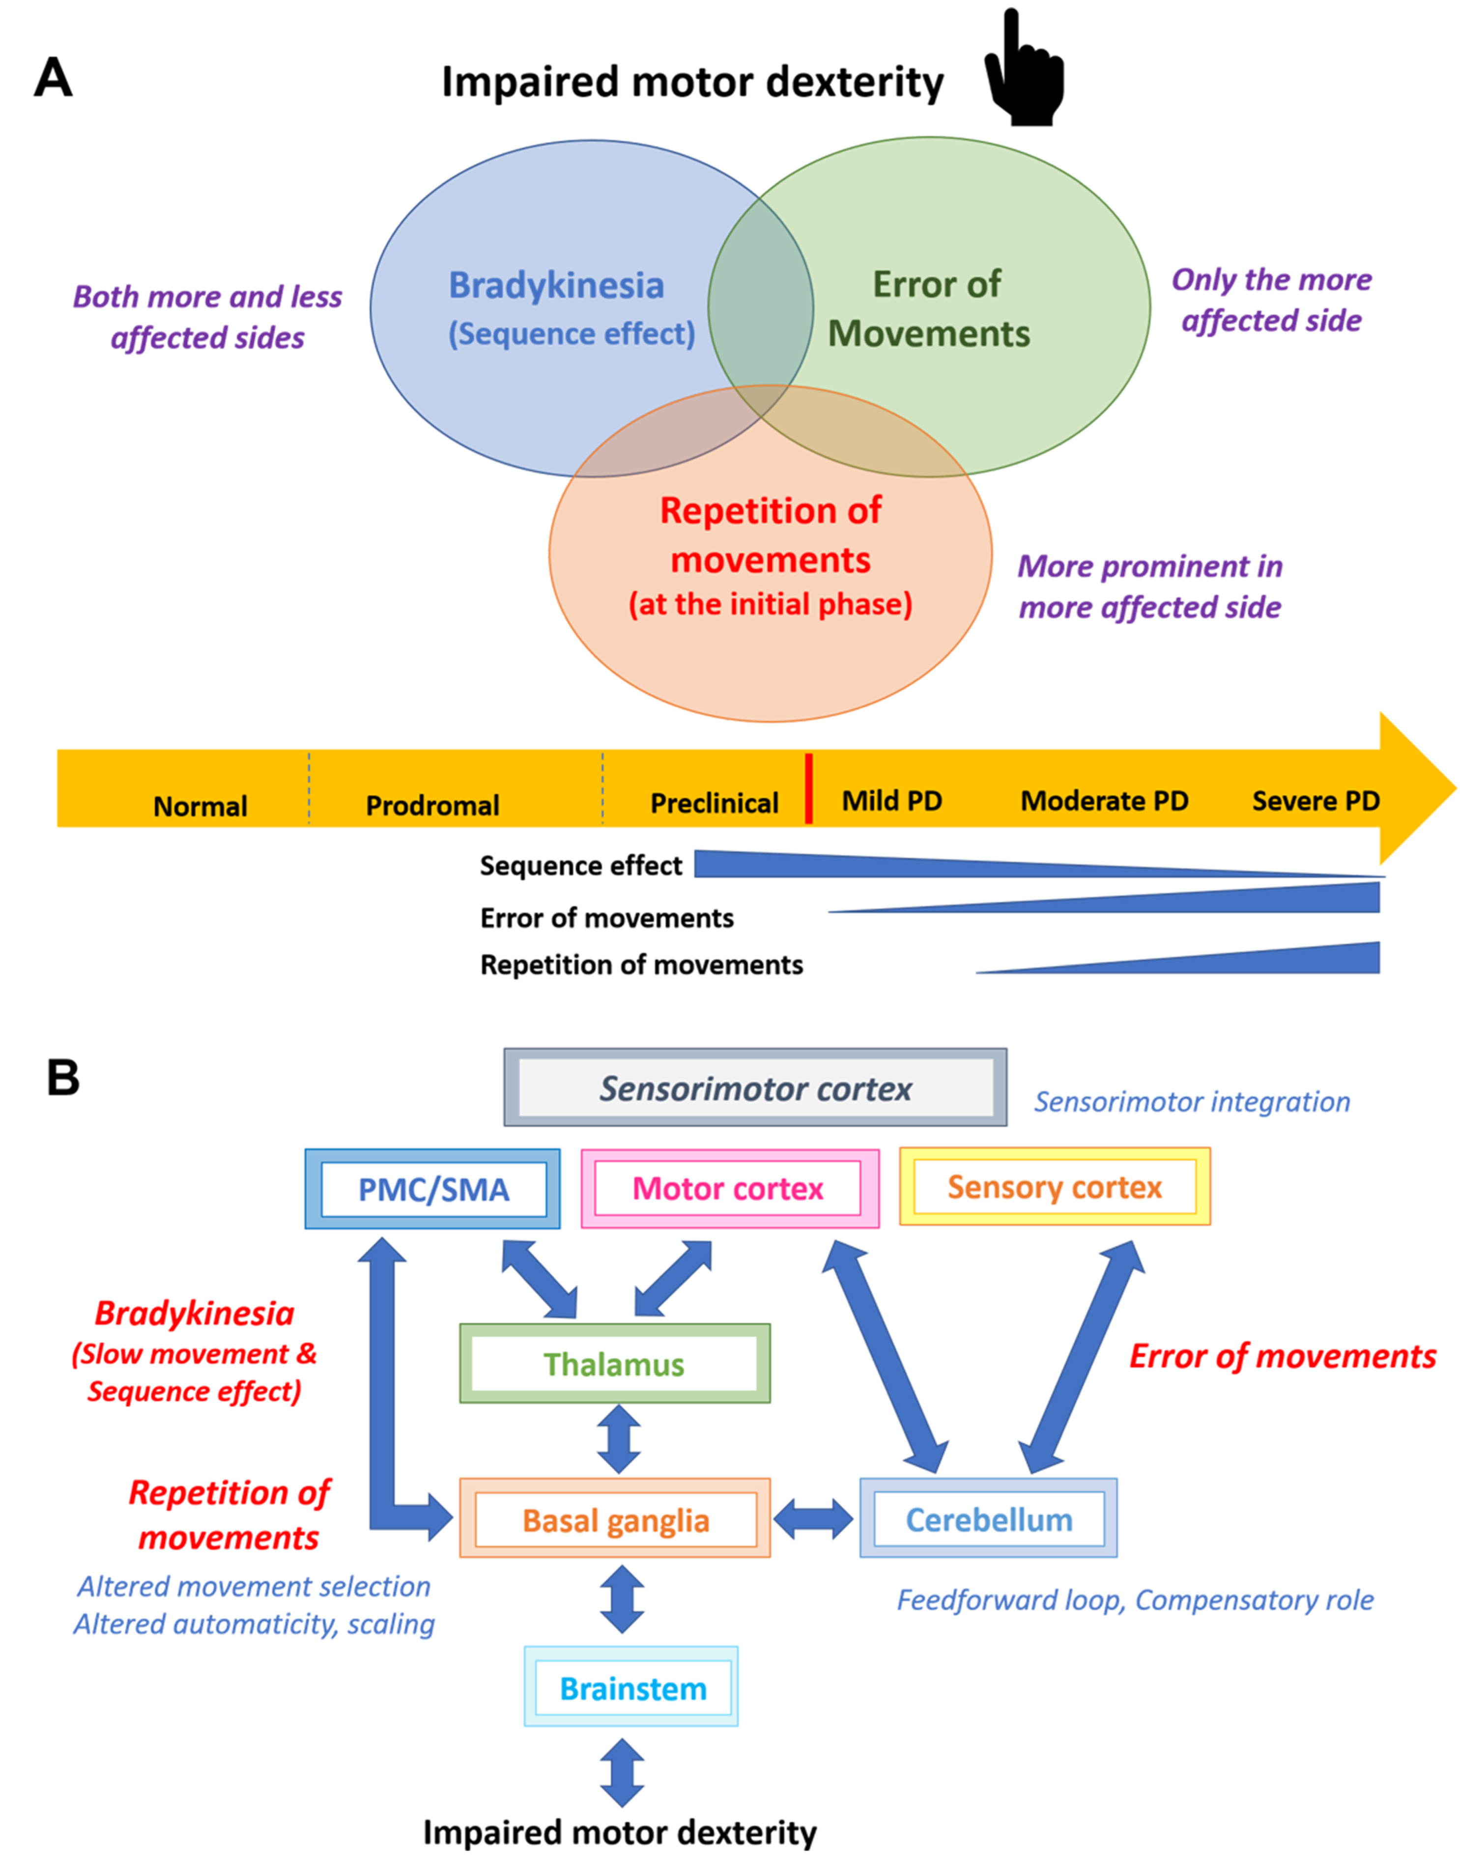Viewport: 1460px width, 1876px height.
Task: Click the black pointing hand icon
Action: [1024, 69]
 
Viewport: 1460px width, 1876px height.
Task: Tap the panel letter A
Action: [53, 79]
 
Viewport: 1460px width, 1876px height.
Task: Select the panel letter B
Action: [63, 1077]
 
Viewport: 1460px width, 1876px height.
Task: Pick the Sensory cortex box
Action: [1055, 1186]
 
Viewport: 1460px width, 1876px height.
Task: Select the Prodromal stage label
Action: [432, 805]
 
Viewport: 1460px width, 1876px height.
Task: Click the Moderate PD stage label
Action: [1104, 801]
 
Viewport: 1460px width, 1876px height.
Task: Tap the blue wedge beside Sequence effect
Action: [1040, 864]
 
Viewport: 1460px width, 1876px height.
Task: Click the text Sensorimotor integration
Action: [1192, 1101]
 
